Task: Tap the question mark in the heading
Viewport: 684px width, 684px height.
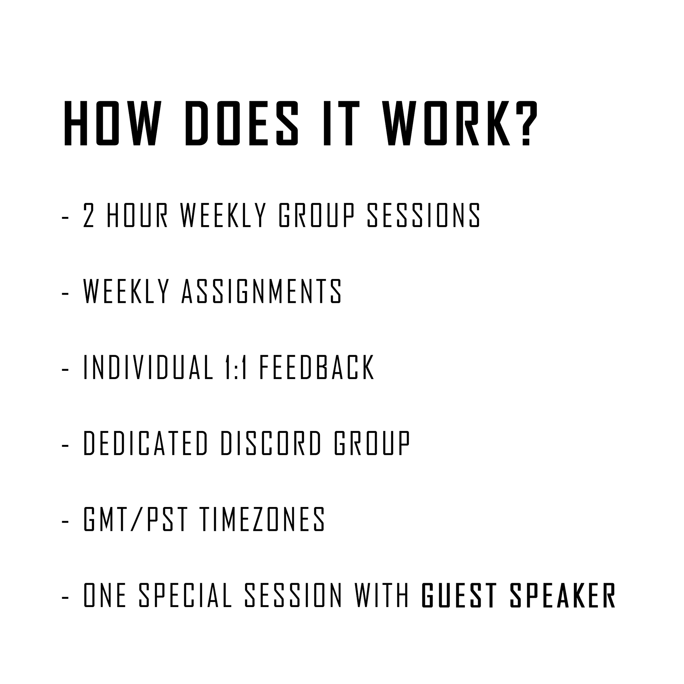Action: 526,123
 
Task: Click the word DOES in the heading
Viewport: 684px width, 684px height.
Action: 242,123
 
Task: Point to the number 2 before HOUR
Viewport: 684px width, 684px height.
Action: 88,215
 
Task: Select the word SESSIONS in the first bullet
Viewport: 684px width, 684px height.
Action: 424,215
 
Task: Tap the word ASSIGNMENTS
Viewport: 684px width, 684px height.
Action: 261,291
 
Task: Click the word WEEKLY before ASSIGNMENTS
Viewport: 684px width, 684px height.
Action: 126,291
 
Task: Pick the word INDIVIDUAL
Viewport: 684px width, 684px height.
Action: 149,367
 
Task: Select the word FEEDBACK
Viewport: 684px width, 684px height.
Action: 317,367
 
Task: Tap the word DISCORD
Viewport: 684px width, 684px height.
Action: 271,443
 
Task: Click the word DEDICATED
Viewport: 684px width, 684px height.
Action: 145,443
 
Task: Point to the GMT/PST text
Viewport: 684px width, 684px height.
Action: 135,519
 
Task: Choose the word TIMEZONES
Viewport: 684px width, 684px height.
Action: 263,519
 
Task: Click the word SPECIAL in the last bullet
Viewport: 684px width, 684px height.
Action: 185,595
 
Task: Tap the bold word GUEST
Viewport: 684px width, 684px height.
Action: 459,595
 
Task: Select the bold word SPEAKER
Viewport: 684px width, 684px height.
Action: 563,595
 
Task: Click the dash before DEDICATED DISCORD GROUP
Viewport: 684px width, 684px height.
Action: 65,446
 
